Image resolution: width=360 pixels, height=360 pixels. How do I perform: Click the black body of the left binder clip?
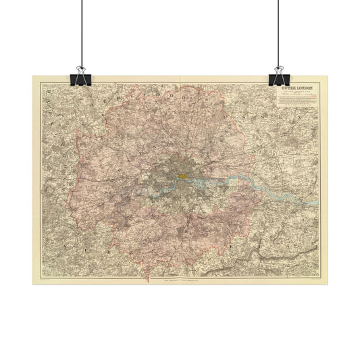[x=82, y=79]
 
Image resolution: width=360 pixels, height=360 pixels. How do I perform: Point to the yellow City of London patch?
[x=182, y=176]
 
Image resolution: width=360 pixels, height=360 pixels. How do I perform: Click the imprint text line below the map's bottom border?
[x=179, y=278]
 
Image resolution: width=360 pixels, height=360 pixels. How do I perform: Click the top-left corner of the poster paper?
[x=32, y=76]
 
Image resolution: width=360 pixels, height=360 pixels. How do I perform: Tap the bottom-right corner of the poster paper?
[x=328, y=284]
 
